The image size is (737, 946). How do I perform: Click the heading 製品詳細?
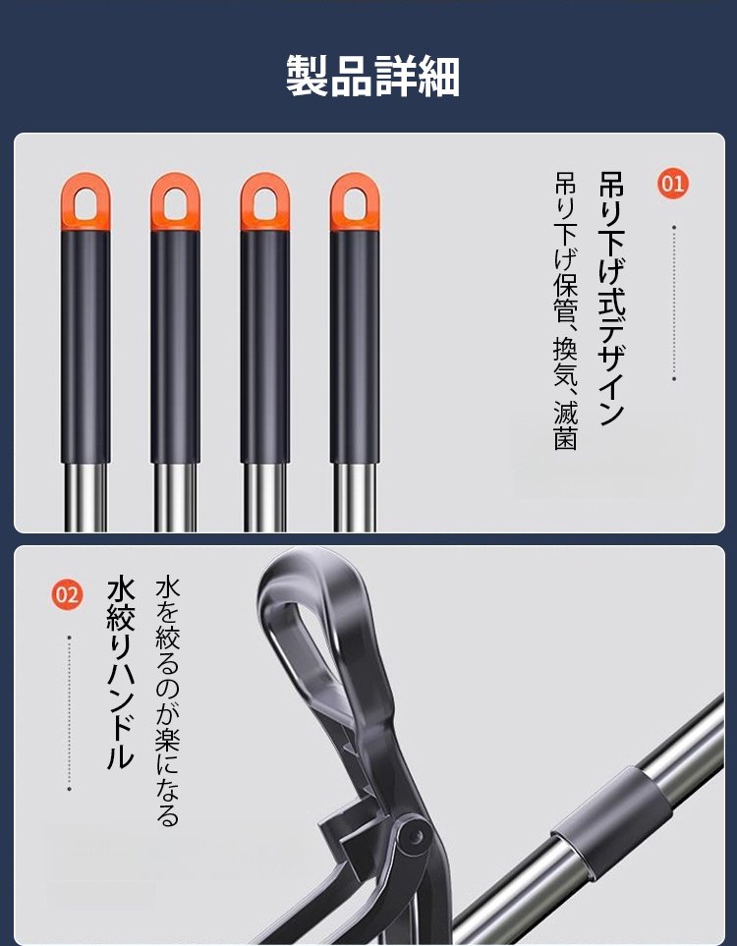[372, 76]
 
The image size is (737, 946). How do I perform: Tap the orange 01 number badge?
[674, 183]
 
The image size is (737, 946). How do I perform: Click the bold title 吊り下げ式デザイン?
[611, 298]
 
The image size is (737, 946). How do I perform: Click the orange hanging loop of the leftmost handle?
[85, 201]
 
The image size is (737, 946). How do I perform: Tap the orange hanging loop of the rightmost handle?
[355, 201]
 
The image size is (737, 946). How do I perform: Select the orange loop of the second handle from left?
[175, 201]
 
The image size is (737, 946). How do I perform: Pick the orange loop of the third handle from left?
[265, 201]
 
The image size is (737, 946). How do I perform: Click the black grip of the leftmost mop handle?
[85, 344]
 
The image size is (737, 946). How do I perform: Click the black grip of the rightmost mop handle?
[355, 344]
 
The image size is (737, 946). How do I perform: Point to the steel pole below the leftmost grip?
[85, 497]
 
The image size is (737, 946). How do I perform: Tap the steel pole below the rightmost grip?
[355, 497]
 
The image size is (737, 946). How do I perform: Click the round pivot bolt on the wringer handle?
[414, 837]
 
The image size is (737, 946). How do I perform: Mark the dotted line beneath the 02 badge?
[69, 712]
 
